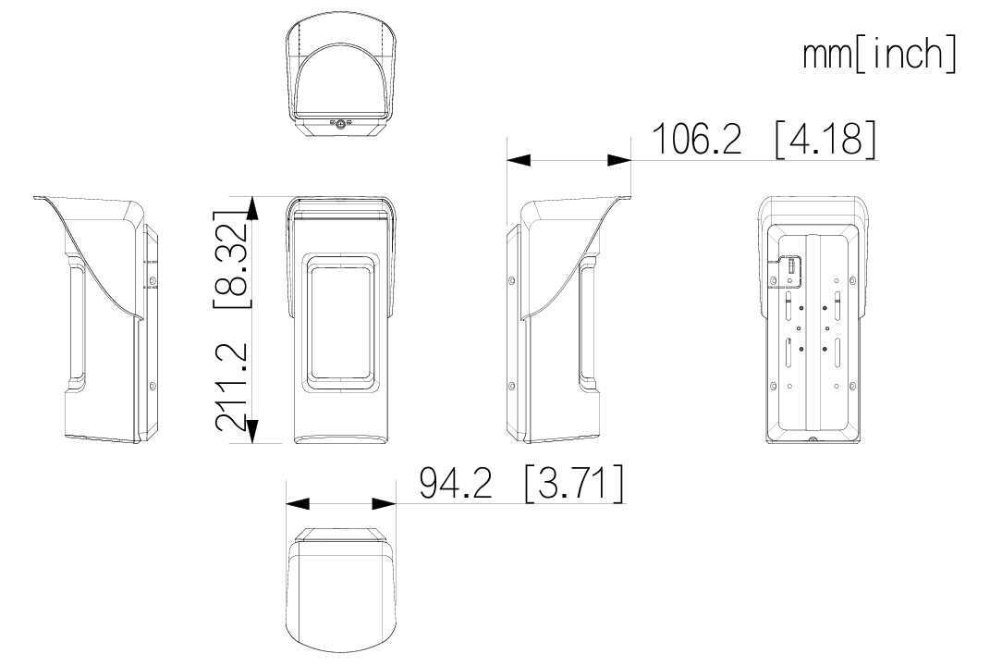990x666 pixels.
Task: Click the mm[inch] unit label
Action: [x=879, y=55]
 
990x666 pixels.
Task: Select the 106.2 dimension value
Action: [x=696, y=139]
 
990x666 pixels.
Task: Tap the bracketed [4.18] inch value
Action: [x=825, y=139]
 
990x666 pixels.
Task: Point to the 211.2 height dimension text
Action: [x=230, y=388]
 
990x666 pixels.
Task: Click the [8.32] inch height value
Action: [x=230, y=258]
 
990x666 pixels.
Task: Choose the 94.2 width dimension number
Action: [x=455, y=482]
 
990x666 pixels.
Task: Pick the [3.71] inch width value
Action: [x=574, y=482]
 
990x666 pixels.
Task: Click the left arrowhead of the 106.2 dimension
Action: [x=519, y=161]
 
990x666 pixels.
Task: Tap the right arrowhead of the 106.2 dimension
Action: [x=618, y=161]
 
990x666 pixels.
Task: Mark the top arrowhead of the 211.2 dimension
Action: [x=252, y=208]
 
